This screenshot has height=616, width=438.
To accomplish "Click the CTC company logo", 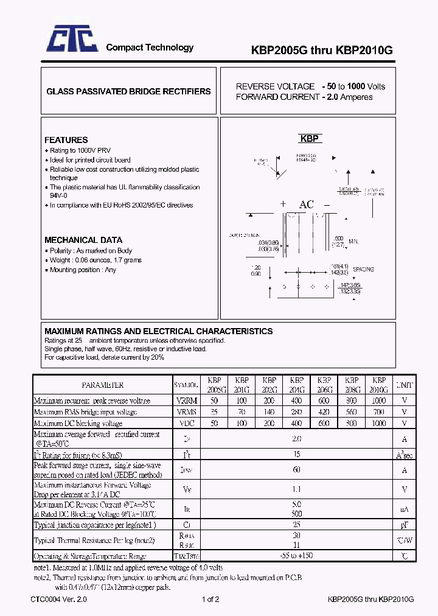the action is click(72, 42).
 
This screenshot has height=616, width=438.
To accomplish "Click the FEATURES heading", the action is click(66, 140).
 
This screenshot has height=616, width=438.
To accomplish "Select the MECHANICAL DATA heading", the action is click(83, 240).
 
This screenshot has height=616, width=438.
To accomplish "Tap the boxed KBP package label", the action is click(310, 139).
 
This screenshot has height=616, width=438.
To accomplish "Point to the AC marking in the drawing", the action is click(307, 205).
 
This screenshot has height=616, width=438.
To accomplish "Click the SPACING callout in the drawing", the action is click(363, 269).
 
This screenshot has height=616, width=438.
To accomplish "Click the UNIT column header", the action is click(404, 385).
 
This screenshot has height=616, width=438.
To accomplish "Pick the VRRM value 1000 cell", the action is click(378, 401).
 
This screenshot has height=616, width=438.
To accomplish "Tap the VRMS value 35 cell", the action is click(214, 411).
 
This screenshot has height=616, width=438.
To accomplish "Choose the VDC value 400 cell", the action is click(296, 422).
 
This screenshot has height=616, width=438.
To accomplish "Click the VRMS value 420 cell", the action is click(324, 411).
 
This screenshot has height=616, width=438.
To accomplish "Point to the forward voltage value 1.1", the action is click(296, 489).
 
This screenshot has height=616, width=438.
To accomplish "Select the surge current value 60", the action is click(296, 469).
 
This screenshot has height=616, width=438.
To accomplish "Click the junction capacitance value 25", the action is click(296, 524).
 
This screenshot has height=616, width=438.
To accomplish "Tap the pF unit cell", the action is click(404, 524).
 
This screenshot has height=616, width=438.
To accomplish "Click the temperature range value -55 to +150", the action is click(296, 556).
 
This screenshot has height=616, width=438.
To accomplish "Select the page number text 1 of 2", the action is click(210, 600).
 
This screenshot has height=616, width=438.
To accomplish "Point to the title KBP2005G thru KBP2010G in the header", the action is click(322, 51).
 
